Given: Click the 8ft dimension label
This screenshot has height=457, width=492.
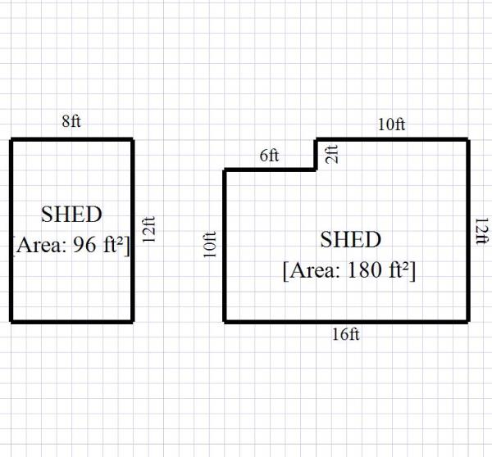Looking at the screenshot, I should pos(71,123).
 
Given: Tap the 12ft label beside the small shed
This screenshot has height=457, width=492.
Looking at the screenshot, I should pos(148,231).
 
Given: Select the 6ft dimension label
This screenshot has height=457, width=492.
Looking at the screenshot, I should pos(270,156).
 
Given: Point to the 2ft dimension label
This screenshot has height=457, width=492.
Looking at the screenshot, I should pos(331,153).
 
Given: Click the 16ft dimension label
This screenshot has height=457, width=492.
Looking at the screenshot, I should pos(347,334).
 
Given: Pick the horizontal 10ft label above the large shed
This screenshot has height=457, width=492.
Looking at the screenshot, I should pos(391,124).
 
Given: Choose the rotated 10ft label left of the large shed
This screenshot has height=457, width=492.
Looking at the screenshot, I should pos(210,246).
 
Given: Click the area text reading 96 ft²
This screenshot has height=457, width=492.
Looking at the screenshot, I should pos(71,244).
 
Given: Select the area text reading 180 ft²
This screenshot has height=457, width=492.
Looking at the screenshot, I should pos(349,270).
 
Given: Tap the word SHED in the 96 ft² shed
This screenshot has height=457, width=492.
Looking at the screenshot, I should pos(71,215).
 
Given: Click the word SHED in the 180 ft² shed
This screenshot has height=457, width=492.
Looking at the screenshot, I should pos(350,240).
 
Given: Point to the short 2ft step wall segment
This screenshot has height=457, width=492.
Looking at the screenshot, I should pos(317,154).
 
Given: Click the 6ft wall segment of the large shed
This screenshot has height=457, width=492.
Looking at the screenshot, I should pos(271,170).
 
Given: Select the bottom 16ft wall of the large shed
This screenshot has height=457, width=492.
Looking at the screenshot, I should pos(347,321).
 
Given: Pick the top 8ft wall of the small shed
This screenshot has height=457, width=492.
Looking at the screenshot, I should pos(71,139).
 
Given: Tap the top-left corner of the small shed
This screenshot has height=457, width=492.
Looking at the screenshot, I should pos(11,139).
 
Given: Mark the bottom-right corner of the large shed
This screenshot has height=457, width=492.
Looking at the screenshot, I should pos(468,321).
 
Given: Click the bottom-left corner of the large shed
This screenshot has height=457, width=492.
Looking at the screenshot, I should pos(225,321).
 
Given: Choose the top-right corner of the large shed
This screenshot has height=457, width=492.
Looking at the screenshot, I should pos(468,139).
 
